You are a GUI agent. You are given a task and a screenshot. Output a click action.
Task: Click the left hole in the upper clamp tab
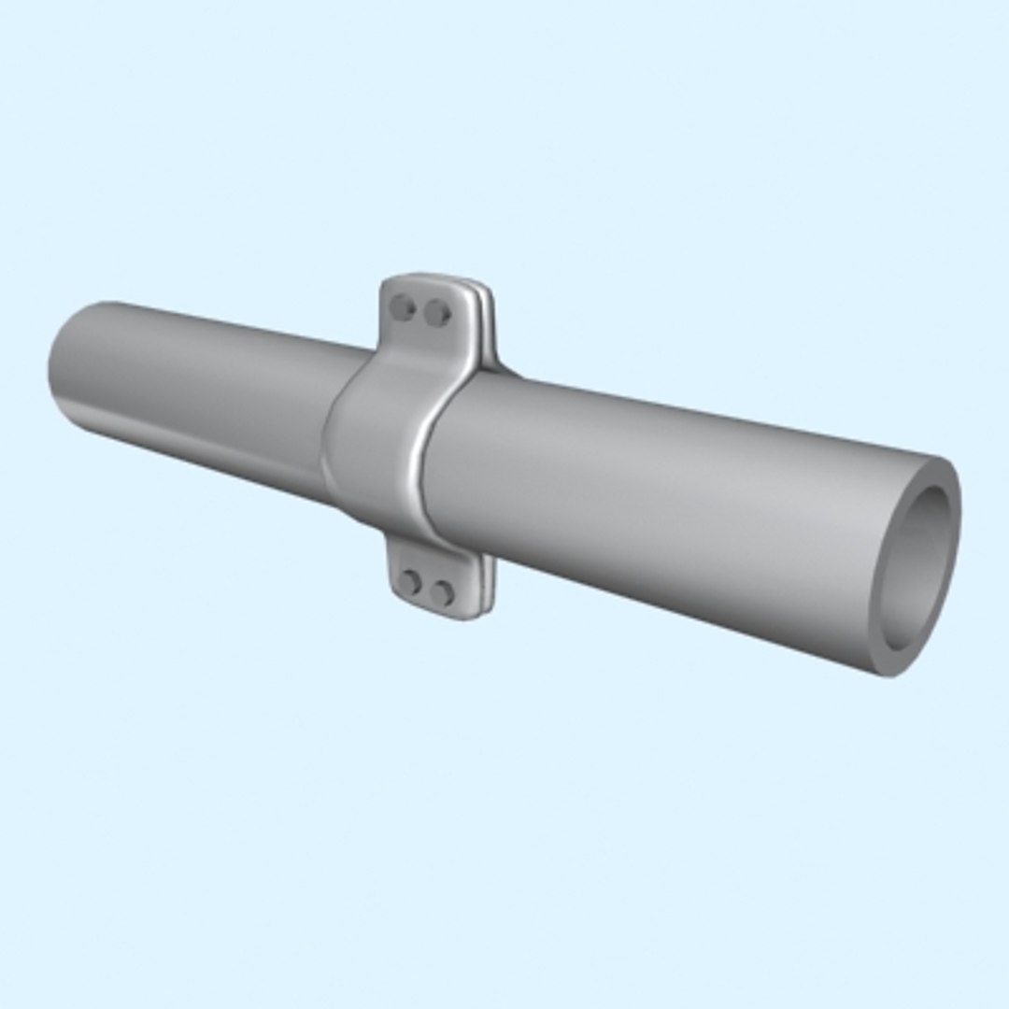(x=404, y=306)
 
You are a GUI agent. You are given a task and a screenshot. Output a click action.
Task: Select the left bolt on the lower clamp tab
(x=410, y=583)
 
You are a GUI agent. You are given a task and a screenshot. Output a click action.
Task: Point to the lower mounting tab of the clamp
(x=430, y=579)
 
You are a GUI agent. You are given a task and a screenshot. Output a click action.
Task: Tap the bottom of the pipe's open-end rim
(x=888, y=669)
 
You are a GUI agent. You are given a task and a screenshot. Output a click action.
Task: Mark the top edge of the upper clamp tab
(x=430, y=278)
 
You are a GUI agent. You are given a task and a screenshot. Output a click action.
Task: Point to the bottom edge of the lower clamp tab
(x=439, y=615)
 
